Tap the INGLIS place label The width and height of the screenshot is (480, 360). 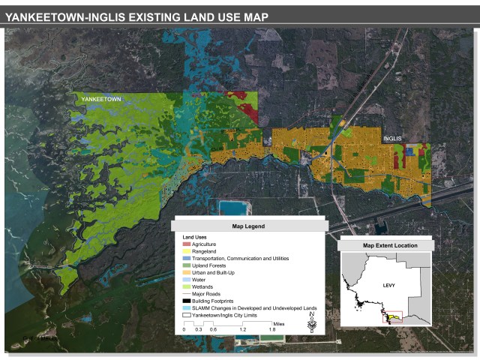[392, 138]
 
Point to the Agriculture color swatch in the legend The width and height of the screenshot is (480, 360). [187, 244]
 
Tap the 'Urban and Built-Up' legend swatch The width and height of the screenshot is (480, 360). [187, 272]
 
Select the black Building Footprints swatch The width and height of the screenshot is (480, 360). [187, 301]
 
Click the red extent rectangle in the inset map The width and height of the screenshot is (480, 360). [393, 317]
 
